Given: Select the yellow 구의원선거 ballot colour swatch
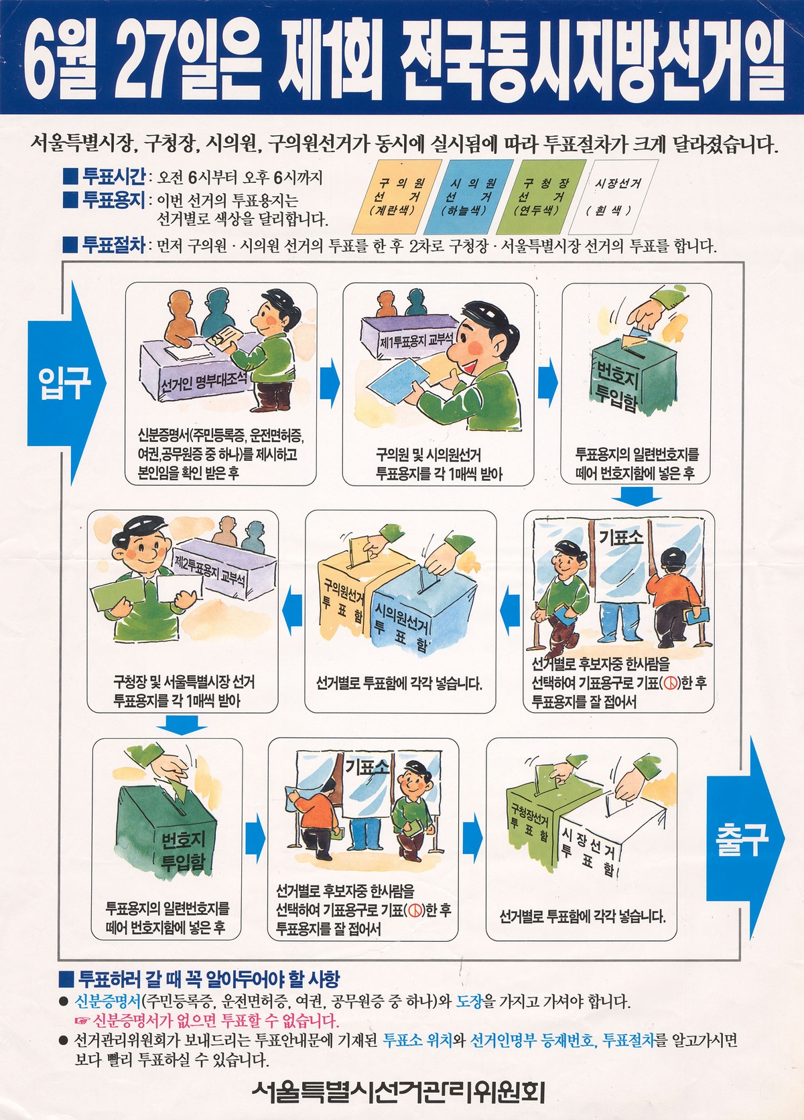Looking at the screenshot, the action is [397, 197].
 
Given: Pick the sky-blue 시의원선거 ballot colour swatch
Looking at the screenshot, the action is [468, 197].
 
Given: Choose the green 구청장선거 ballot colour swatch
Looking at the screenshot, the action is [541, 197].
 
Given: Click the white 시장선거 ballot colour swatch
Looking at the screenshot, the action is [613, 197].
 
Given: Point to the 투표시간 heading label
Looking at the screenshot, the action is [113, 176].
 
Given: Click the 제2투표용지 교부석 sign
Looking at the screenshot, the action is [210, 571].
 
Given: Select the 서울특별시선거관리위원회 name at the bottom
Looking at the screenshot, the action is [399, 1092].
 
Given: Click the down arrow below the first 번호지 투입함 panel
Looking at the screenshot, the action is [636, 496].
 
